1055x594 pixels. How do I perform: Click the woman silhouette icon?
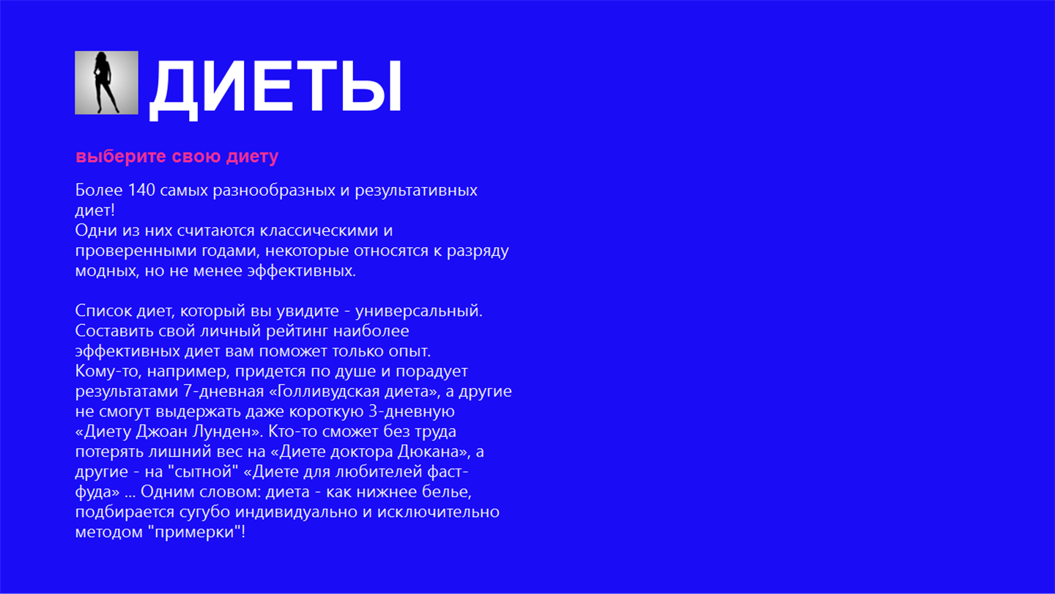106,82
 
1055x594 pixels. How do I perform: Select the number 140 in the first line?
141,190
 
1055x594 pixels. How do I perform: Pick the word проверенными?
136,251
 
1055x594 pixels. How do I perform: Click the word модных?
107,271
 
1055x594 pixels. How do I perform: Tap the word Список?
103,311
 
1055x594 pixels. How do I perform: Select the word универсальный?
419,311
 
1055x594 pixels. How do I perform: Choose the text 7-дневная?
223,392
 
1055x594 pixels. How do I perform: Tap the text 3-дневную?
412,411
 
